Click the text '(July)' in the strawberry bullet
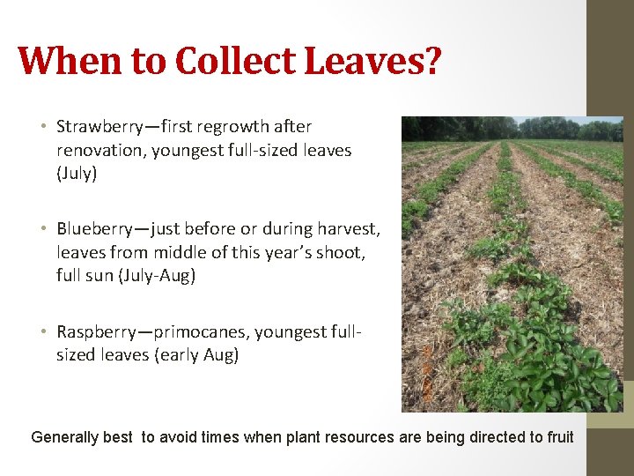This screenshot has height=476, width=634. tap(77, 174)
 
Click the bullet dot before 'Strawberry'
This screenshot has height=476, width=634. tap(43, 128)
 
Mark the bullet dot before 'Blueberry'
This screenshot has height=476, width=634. tap(43, 230)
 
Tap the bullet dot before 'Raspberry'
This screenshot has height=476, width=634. tap(43, 333)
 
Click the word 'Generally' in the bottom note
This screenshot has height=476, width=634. tap(66, 437)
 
